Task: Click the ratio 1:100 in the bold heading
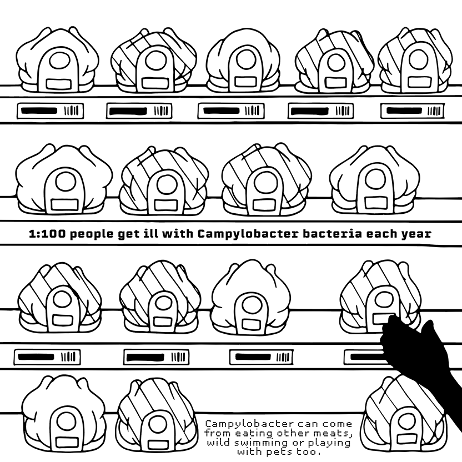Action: [48, 234]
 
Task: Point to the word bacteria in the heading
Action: [333, 234]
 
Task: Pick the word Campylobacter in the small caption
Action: [249, 425]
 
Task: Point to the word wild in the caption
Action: [219, 443]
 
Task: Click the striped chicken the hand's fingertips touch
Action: [380, 298]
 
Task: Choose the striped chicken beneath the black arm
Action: [404, 415]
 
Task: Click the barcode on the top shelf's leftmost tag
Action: [72, 111]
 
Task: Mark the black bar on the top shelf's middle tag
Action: [222, 111]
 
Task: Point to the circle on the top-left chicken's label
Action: [59, 60]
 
